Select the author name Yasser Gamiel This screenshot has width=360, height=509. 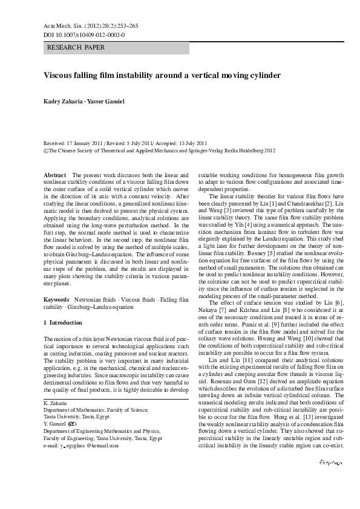(108, 101)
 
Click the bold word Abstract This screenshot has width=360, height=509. (55, 175)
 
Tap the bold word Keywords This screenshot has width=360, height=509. (57, 299)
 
